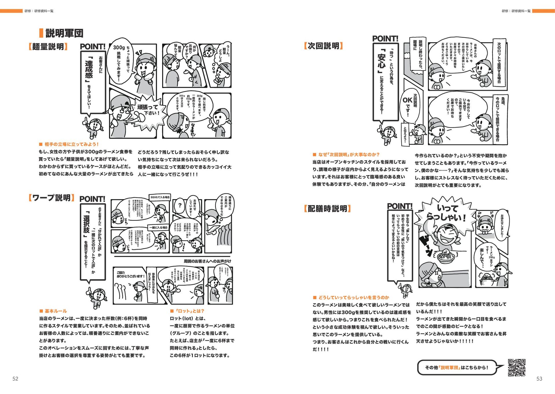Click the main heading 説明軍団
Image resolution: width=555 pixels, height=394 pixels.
tap(64, 33)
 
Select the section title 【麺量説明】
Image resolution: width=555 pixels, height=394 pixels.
tap(48, 47)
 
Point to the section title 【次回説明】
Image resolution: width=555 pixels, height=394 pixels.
tap(323, 46)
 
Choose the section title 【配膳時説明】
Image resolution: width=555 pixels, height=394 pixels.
tap(327, 209)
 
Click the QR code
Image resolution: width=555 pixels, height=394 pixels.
tap(517, 367)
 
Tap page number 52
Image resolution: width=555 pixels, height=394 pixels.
tap(15, 379)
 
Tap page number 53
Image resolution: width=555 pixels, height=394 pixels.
tap(539, 379)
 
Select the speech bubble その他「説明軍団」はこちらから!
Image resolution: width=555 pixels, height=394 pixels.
tap(457, 367)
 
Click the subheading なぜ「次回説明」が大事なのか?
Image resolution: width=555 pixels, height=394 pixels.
tap(349, 155)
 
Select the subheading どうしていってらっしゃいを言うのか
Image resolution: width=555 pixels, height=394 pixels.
tap(354, 297)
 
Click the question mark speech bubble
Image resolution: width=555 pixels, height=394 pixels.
tap(180, 205)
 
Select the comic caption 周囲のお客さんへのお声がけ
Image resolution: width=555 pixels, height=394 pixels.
tap(207, 261)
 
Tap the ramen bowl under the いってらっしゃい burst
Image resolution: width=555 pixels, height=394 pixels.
tap(446, 256)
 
